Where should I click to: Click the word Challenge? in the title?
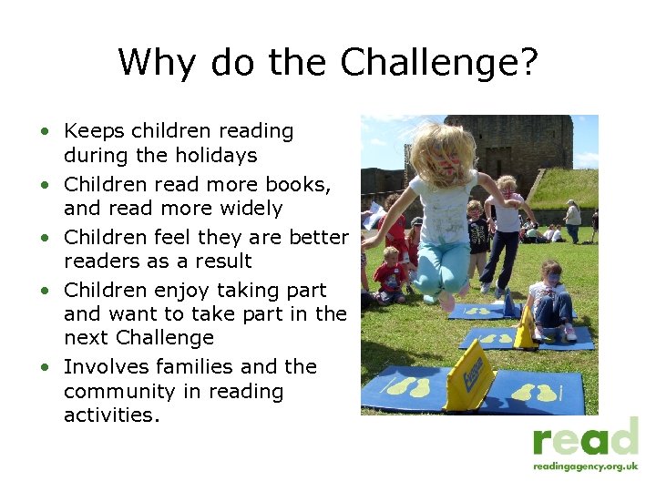[x=439, y=64]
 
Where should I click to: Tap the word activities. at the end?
[x=111, y=416]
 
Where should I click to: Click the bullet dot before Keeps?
[x=44, y=132]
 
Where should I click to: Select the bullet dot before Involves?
[x=44, y=368]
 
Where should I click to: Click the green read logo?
[x=586, y=438]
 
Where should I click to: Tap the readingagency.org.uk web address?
[x=586, y=466]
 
